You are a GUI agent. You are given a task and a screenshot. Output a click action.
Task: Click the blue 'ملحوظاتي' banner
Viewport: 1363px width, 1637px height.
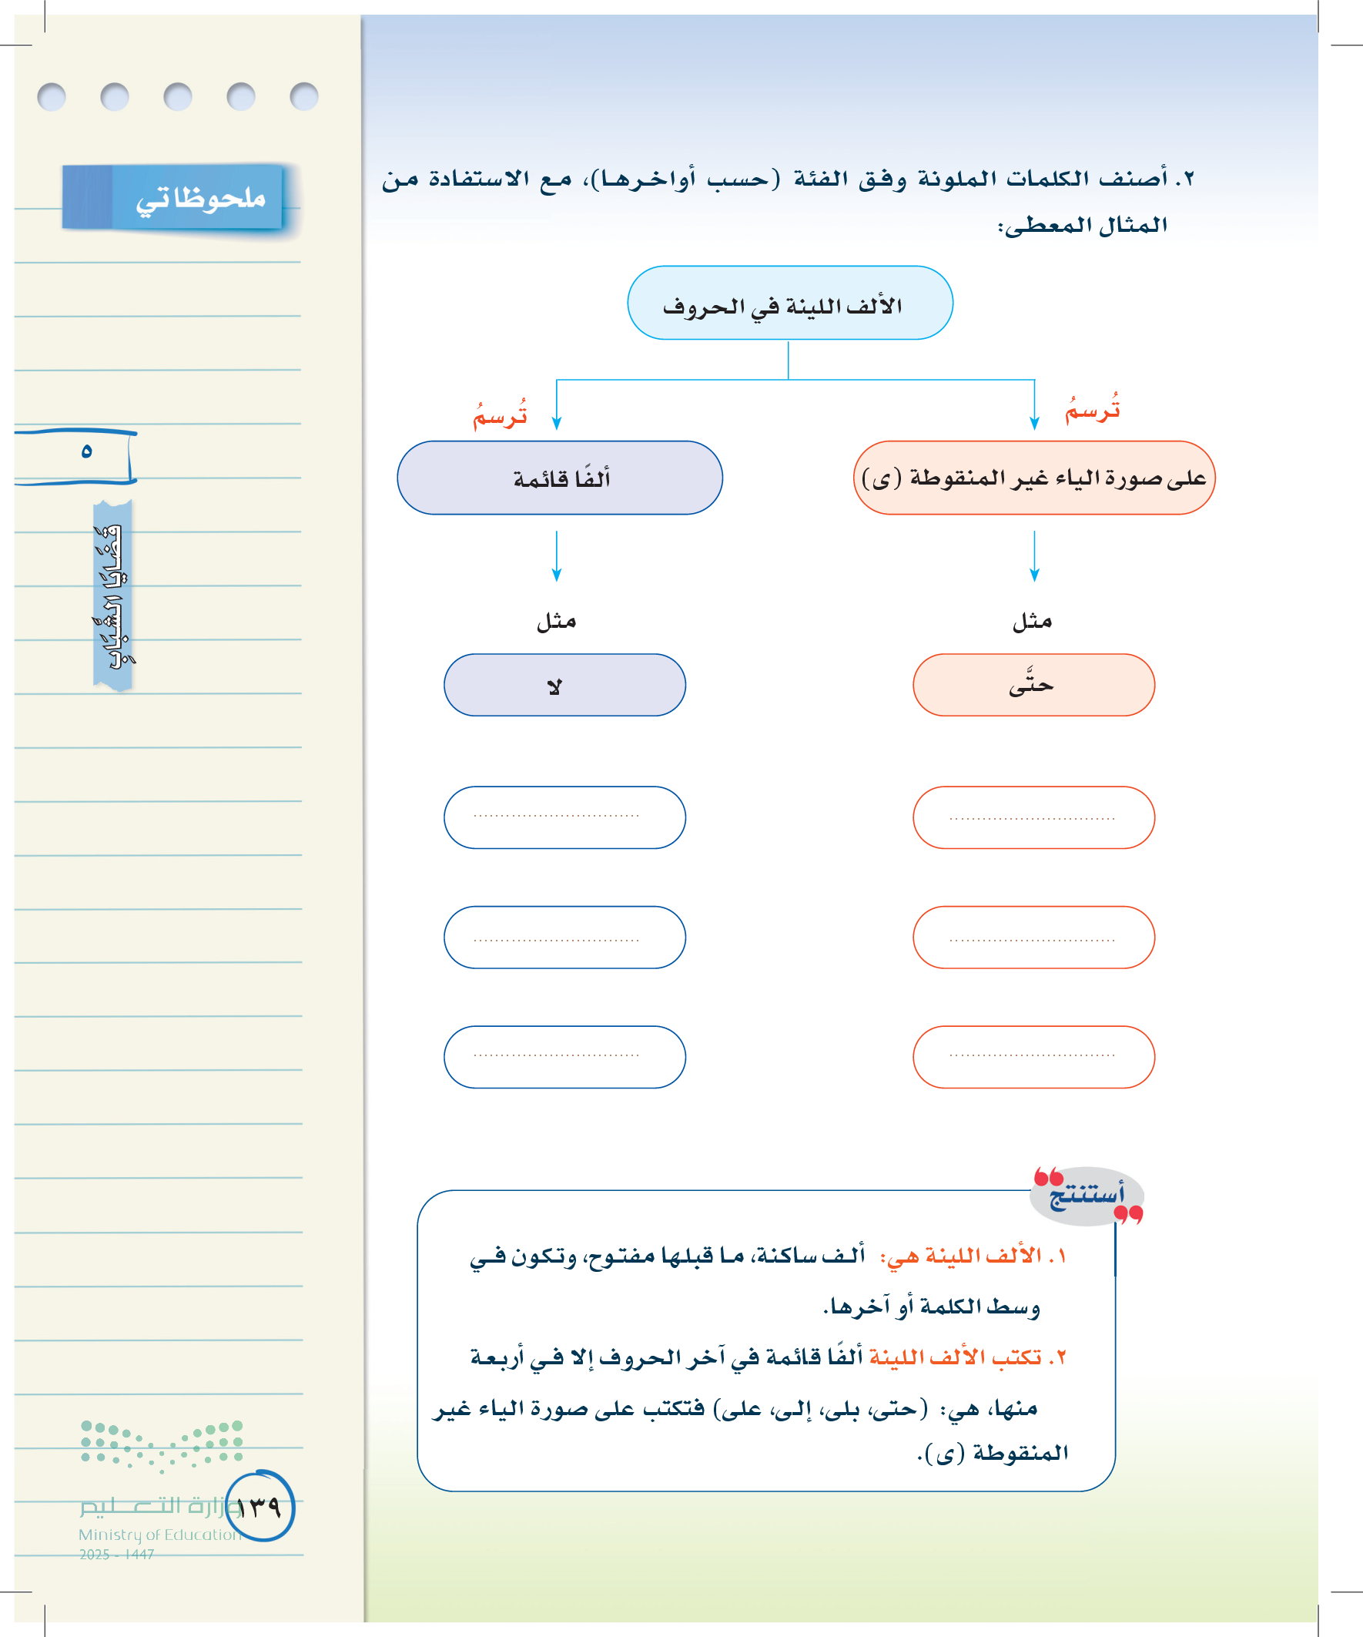[173, 198]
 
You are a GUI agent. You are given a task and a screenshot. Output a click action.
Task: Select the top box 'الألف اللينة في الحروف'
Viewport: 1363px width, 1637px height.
[789, 304]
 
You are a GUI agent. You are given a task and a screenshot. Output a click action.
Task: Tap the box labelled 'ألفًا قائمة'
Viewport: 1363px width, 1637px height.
[560, 478]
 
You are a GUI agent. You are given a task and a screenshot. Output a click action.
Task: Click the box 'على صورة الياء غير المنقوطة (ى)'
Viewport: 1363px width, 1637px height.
[1033, 478]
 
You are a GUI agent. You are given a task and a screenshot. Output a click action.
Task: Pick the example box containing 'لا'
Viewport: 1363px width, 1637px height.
[564, 685]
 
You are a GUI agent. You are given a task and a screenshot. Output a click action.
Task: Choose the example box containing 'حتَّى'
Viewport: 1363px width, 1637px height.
[1033, 685]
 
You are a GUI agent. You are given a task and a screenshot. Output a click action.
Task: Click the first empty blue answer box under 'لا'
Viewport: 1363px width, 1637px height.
[564, 817]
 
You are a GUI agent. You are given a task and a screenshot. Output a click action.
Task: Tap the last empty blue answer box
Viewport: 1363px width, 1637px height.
[564, 1057]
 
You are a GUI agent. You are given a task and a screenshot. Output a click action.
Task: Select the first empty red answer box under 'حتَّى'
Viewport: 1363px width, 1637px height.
[1033, 817]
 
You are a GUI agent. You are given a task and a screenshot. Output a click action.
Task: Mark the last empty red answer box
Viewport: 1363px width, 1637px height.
[1033, 1057]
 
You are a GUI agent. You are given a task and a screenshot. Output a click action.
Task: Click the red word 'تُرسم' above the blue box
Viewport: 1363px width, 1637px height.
[501, 414]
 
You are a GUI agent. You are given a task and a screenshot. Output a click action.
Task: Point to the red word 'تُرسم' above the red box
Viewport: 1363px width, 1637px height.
[1093, 409]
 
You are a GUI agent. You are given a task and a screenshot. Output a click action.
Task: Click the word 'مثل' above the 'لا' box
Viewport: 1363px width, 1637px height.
[557, 621]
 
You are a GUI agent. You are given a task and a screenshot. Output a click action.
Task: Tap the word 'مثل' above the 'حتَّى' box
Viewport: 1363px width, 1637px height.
[1033, 621]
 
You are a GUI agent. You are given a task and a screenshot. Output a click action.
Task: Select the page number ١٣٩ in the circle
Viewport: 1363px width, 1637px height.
[260, 1508]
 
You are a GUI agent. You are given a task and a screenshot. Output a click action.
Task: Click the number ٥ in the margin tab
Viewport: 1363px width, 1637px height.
[86, 452]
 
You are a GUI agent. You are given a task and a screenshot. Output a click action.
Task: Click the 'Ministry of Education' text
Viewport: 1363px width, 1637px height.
[159, 1535]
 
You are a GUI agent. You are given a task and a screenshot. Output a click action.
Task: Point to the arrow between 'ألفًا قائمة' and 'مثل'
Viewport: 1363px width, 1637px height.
[557, 555]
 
